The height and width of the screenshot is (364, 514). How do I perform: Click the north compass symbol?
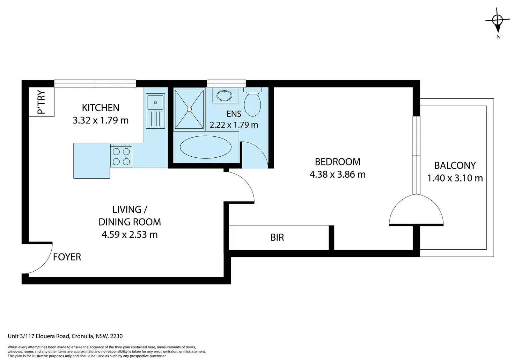[x=498, y=21]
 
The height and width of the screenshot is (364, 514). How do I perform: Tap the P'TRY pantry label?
[x=42, y=102]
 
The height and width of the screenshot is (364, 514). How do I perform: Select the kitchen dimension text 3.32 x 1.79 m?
[x=101, y=120]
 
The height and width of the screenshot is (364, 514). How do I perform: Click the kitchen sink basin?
[x=155, y=102]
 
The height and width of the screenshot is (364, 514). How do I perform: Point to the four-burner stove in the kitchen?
[x=121, y=156]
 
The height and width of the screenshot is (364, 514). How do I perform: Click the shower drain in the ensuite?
[x=189, y=109]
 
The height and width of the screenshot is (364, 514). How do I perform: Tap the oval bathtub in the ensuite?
[x=205, y=147]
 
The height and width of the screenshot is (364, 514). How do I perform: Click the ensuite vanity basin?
[x=225, y=95]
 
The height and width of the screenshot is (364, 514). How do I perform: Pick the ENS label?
[x=234, y=114]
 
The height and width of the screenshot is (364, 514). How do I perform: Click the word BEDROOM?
[x=338, y=162]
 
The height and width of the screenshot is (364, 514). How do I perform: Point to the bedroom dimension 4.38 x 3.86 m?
[x=338, y=174]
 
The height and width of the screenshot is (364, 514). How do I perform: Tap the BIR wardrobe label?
[x=277, y=238]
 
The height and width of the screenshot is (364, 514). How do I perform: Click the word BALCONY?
[x=455, y=165]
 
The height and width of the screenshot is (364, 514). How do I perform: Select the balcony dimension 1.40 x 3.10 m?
[x=455, y=178]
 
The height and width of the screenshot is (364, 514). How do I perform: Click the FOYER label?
[x=67, y=257]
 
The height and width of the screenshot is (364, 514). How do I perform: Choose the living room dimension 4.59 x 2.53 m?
[x=130, y=235]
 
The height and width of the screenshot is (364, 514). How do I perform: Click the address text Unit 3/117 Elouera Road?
[x=38, y=336]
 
